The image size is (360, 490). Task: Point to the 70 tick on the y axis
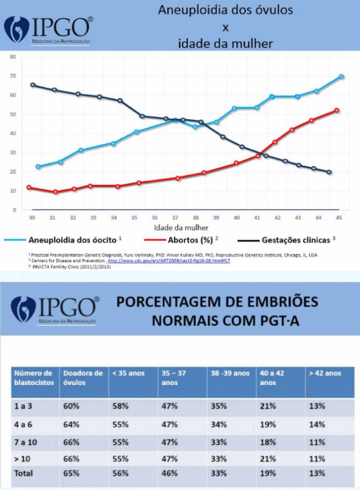pos(12,76)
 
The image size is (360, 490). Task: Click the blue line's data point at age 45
pos(341,77)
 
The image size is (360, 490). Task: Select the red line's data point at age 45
pos(337,110)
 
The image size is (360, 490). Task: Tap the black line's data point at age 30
pos(33,85)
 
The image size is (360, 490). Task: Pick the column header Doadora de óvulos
pos(82,378)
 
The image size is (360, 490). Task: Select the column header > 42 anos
pos(325,373)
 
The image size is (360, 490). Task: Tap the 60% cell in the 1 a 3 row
pos(71,406)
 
